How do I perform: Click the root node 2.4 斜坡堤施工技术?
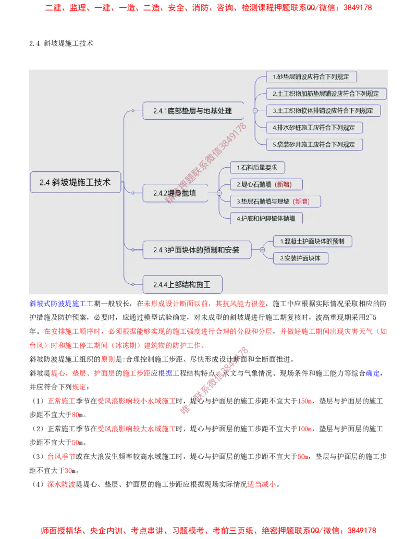pyautogui.click(x=75, y=182)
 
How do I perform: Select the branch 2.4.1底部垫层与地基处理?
pyautogui.click(x=193, y=111)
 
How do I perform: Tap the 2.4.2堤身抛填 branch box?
pyautogui.click(x=175, y=193)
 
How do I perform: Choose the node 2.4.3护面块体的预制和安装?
pyautogui.click(x=197, y=250)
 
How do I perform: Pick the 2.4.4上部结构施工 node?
pyautogui.click(x=182, y=284)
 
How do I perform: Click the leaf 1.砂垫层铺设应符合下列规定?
pyautogui.click(x=311, y=77)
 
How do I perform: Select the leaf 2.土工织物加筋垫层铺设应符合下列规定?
pyautogui.click(x=326, y=94)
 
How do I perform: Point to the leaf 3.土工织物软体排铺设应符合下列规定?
pyautogui.click(x=323, y=110)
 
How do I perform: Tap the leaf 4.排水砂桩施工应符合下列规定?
pyautogui.click(x=314, y=127)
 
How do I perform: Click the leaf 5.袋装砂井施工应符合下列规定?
pyautogui.click(x=314, y=144)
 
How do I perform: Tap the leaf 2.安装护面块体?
pyautogui.click(x=300, y=258)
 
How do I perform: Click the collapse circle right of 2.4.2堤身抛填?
pyautogui.click(x=219, y=193)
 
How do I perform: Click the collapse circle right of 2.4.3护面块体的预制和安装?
pyautogui.click(x=262, y=250)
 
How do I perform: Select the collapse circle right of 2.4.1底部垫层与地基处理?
pyautogui.click(x=254, y=111)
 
